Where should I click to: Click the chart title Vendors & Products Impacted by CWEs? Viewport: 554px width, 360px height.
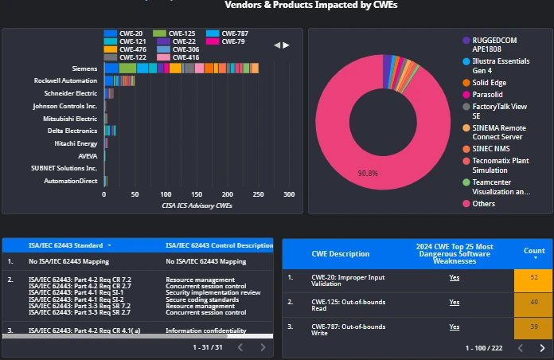pos(310,6)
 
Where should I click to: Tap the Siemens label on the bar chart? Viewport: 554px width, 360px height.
pos(84,68)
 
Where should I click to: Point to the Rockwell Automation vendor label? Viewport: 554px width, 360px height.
pos(65,80)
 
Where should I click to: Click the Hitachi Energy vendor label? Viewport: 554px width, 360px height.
pos(76,143)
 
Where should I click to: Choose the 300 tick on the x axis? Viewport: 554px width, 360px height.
pos(288,194)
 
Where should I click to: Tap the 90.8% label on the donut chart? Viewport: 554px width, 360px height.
pos(368,173)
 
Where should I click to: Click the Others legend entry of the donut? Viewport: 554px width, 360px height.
pos(483,204)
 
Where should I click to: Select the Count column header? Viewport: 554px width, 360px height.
pos(534,250)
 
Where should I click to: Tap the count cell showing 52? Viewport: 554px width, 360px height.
pos(533,277)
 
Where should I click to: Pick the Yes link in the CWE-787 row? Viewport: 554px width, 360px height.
pos(454,327)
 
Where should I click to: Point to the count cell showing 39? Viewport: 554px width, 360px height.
pos(533,327)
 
